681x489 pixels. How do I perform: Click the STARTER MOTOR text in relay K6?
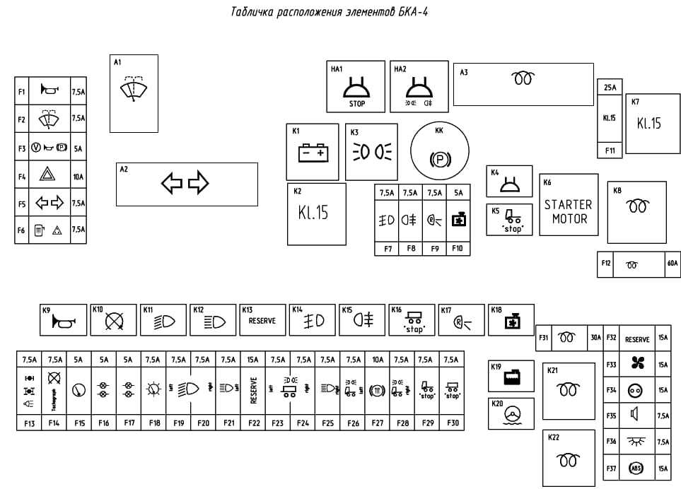point(567,211)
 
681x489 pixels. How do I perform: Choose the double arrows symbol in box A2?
point(185,184)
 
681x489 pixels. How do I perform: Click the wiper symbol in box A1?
point(133,90)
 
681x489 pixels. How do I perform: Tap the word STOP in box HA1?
point(357,104)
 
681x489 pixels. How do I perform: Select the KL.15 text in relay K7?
point(648,123)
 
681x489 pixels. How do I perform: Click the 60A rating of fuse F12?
point(672,264)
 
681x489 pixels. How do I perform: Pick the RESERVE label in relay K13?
point(262,321)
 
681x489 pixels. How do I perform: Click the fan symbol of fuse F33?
point(637,365)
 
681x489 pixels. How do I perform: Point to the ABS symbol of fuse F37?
point(636,469)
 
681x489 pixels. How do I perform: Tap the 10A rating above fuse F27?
point(378,360)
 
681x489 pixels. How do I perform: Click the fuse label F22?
point(254,423)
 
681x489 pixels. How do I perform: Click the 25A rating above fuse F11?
point(610,88)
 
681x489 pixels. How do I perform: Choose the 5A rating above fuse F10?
point(458,192)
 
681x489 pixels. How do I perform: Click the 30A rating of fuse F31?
point(595,338)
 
